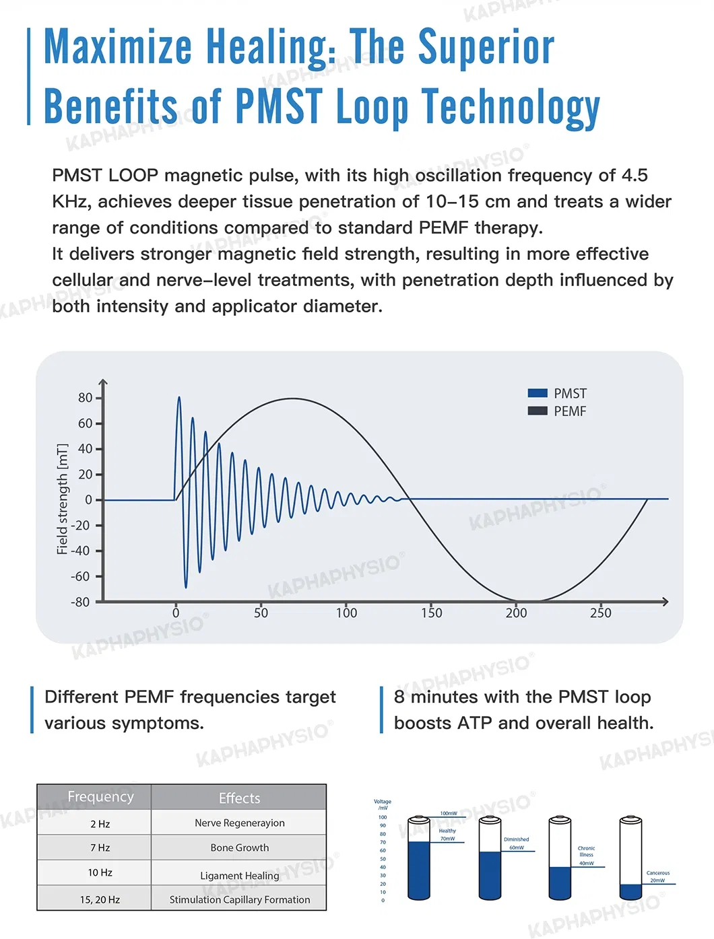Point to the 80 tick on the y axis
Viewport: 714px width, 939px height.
[x=86, y=398]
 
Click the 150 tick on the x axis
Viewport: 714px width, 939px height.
[x=431, y=613]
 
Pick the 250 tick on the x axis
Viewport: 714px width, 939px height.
[x=600, y=613]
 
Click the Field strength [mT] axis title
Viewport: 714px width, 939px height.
[x=63, y=499]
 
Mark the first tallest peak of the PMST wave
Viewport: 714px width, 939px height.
[x=179, y=398]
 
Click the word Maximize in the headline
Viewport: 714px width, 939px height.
[x=118, y=47]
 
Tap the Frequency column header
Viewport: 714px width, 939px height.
[x=100, y=797]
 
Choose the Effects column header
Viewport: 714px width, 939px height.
[x=239, y=798]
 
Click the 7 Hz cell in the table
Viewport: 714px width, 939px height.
[x=100, y=848]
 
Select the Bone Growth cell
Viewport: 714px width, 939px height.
[x=239, y=848]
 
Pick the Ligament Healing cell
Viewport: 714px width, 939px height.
[x=239, y=876]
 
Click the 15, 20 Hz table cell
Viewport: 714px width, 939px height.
[x=100, y=900]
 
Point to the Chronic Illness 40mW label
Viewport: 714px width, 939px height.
[x=586, y=855]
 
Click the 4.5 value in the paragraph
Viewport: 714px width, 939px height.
[x=635, y=176]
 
